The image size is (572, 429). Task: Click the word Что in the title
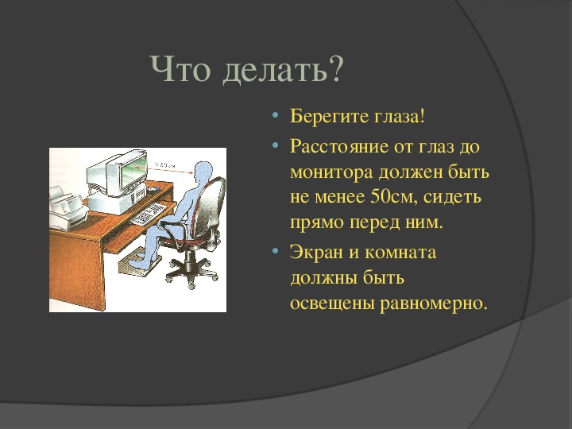point(180,68)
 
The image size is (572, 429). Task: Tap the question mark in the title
point(335,68)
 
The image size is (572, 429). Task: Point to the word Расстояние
point(339,146)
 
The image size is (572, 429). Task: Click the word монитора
point(330,172)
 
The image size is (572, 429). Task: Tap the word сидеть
point(453,198)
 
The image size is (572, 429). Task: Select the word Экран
point(316,253)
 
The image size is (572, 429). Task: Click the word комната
point(400,253)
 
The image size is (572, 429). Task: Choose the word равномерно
point(434,303)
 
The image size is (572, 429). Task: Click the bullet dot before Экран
point(275,251)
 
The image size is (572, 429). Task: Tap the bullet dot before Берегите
point(275,116)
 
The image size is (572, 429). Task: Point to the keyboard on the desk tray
point(149,213)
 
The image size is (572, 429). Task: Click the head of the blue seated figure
point(203,172)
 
